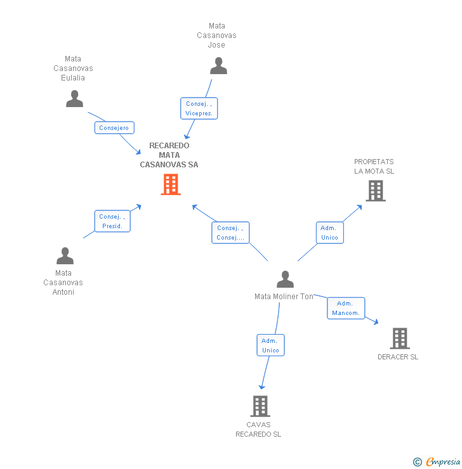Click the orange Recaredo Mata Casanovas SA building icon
point(171,184)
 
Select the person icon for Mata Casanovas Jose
point(218,66)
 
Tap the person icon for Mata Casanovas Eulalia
point(75,99)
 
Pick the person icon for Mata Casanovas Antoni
point(65,256)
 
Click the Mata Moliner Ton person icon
point(286,279)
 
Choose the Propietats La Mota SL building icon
point(376,190)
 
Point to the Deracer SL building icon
point(400,338)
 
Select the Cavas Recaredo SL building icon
point(260,406)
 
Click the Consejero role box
point(114,127)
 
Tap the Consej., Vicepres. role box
point(199,108)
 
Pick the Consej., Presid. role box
point(112,221)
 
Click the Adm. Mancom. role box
point(346,308)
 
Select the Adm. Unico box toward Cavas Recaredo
point(270,345)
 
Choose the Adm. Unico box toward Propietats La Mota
point(329,233)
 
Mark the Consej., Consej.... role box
point(230,233)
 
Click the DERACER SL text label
point(398,357)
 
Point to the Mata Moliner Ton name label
point(284,297)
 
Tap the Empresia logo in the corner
point(437,462)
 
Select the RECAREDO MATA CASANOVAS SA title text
point(169,155)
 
